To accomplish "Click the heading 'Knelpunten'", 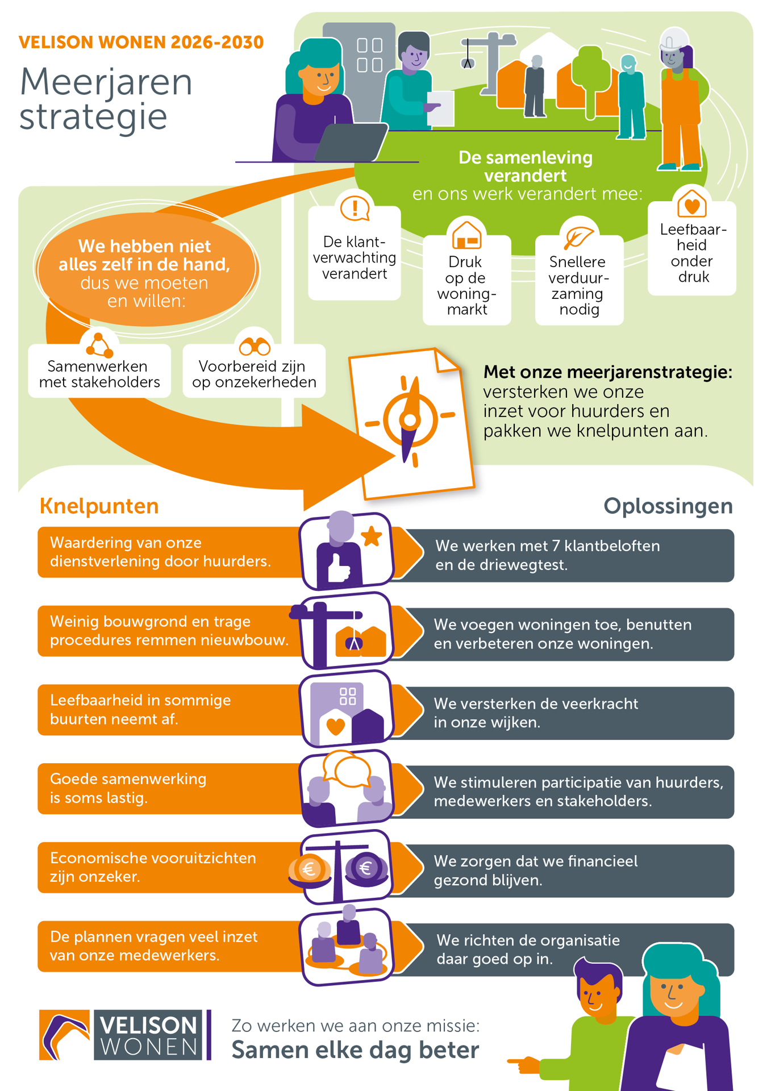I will (x=99, y=506).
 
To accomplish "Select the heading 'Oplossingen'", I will (x=668, y=506).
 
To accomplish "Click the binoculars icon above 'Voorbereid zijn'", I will (x=254, y=345).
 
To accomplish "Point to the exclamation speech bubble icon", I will (x=355, y=208).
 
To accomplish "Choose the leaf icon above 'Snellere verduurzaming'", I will (x=578, y=236).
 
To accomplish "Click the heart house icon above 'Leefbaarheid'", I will (x=691, y=203).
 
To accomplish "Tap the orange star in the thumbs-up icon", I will (x=372, y=536).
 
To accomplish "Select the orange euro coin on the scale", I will (x=309, y=868).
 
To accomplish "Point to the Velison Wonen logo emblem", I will (x=64, y=1035).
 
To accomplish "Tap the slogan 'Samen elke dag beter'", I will (x=355, y=1050).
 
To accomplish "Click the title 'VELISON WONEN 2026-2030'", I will (x=141, y=42).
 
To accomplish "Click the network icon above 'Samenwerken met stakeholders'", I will (x=99, y=344).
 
